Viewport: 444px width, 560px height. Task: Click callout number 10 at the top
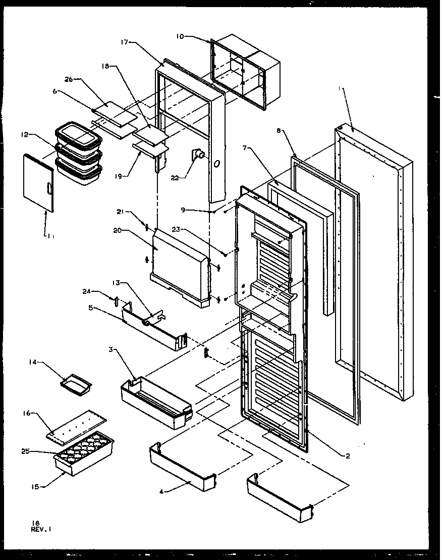pyautogui.click(x=181, y=36)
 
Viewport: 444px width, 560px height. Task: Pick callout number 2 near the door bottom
pyautogui.click(x=348, y=455)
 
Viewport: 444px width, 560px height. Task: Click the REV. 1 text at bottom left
pyautogui.click(x=42, y=529)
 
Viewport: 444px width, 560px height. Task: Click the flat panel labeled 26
pyautogui.click(x=115, y=114)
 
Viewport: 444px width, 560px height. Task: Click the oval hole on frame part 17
pyautogui.click(x=217, y=164)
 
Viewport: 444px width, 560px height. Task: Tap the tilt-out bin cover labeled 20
pyautogui.click(x=179, y=263)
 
